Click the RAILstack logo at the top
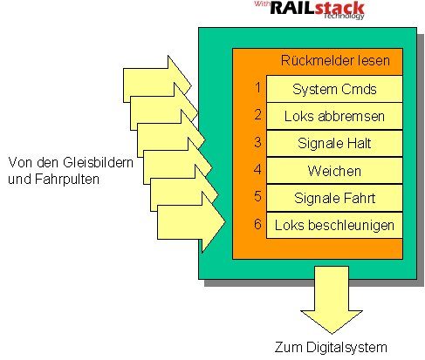coord(310,10)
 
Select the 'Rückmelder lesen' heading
coord(335,60)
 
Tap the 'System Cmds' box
coord(334,89)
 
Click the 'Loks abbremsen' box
coord(334,116)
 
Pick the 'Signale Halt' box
coord(334,144)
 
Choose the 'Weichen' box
coord(334,171)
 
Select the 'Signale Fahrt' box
coord(334,198)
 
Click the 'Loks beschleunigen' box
coord(334,225)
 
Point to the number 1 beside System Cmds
coord(257,87)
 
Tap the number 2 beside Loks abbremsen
coord(257,114)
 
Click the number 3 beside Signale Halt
coord(257,142)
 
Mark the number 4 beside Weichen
coord(257,169)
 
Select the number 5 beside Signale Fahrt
coord(257,196)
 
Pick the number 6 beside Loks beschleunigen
coord(257,224)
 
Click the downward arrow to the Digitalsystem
coord(332,299)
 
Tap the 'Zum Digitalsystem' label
coord(331,348)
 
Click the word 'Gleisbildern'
coord(98,162)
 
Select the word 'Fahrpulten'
coord(67,179)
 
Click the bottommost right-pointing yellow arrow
coord(190,222)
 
